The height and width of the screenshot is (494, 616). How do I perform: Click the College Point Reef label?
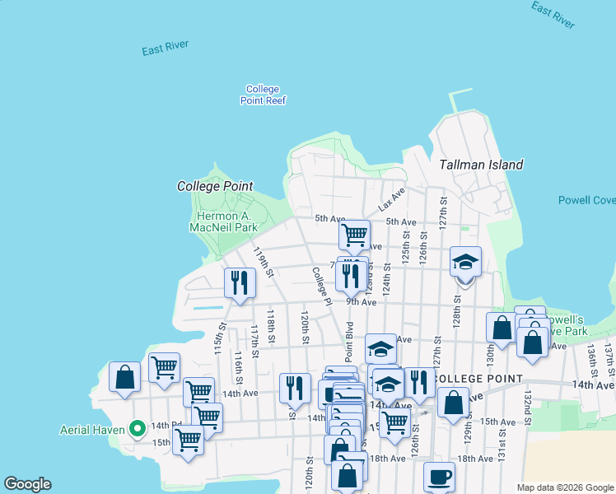[x=263, y=95]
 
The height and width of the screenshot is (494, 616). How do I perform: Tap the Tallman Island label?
[x=482, y=165]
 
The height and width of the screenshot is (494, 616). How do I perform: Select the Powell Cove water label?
[x=586, y=200]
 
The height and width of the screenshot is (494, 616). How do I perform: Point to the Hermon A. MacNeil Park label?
[x=223, y=221]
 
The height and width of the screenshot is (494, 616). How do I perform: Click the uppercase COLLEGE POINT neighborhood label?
[x=478, y=379]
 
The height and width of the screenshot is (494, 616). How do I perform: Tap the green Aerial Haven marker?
[x=138, y=428]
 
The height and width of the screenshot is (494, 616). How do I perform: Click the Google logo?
[x=27, y=484]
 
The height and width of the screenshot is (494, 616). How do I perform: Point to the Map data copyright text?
[x=564, y=487]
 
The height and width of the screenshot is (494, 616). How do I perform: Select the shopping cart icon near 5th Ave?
[x=354, y=234]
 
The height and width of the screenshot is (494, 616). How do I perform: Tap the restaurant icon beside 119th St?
[x=240, y=282]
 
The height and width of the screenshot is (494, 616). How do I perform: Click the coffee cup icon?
[x=439, y=476]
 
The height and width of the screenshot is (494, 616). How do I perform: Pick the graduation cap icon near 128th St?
[x=465, y=262]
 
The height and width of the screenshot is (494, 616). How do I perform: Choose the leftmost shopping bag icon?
[x=124, y=377]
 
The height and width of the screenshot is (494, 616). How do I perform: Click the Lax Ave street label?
[x=392, y=198]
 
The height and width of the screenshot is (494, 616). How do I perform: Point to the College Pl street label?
[x=320, y=287]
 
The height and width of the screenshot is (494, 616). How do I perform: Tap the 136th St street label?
[x=590, y=356]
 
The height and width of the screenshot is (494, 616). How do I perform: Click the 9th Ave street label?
[x=361, y=302]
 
